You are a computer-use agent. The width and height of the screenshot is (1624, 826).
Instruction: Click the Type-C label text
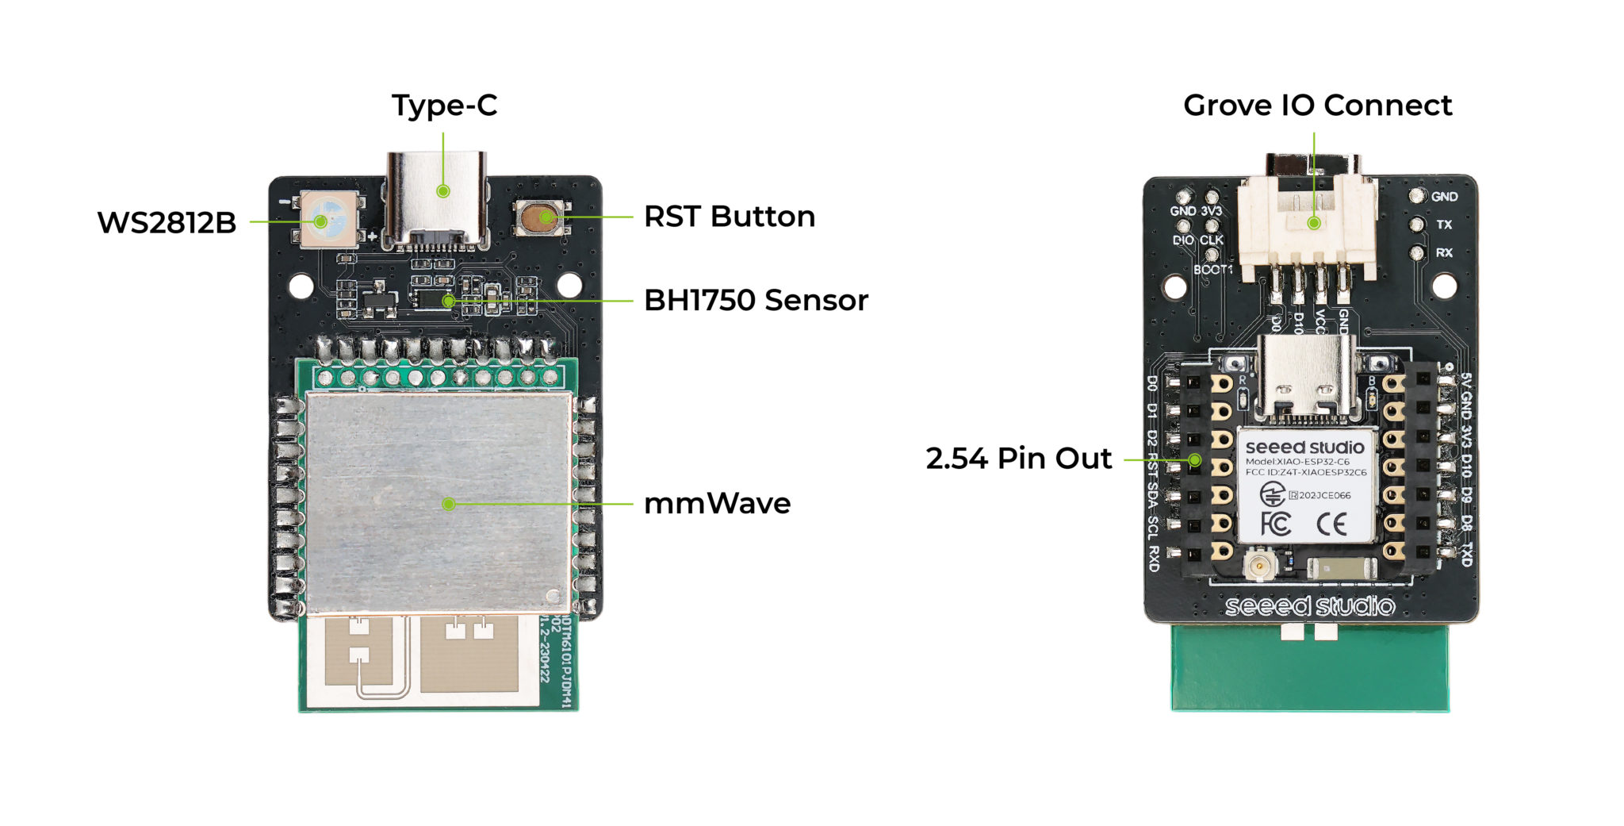coord(444,106)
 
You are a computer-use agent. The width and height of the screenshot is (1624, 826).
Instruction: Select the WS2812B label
coord(167,223)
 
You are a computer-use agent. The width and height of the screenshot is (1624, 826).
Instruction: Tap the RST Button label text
coord(729,217)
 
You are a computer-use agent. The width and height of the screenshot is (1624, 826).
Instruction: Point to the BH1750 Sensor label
coord(755,301)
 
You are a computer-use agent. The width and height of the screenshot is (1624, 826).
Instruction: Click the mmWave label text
coord(717,504)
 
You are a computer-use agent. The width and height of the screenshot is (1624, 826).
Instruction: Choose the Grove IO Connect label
coord(1317,106)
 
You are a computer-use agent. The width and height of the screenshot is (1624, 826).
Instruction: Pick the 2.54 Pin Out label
coord(1018,459)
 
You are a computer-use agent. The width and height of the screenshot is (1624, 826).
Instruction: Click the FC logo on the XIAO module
coord(1276,524)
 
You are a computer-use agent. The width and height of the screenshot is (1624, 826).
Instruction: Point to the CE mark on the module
coord(1331,524)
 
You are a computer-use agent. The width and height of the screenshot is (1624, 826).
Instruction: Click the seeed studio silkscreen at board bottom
coord(1309,607)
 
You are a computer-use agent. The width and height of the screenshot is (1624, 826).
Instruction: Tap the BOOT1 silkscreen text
coord(1213,270)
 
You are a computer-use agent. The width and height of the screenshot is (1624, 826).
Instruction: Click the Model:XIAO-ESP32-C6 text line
coord(1297,461)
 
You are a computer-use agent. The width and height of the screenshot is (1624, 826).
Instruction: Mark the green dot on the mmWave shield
coord(448,504)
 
